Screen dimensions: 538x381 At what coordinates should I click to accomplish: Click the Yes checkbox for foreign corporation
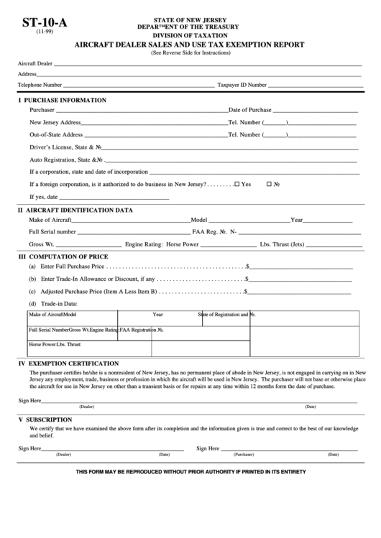[x=237, y=184]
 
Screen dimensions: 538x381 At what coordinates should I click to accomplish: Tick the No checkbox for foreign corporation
[x=269, y=184]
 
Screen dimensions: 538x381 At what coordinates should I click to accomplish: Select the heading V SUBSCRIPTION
[x=48, y=419]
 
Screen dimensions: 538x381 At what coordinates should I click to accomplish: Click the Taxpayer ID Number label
[x=242, y=84]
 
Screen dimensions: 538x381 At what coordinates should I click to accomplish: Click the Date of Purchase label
[x=249, y=110]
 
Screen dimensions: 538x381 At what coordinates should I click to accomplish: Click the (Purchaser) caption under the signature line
[x=244, y=455]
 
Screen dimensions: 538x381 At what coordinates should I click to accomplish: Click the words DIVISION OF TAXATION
[x=190, y=34]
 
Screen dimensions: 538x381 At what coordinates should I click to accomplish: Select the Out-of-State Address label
[x=56, y=134]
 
